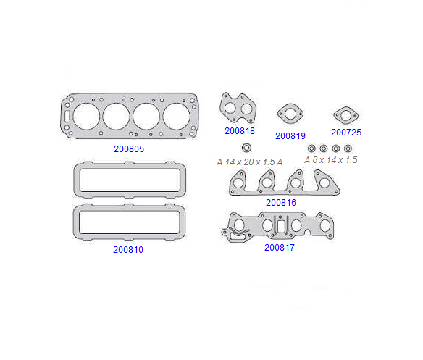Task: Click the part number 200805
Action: click(129, 148)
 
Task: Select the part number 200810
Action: click(128, 250)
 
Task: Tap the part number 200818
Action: click(240, 131)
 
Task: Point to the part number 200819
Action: click(290, 135)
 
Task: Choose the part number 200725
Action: click(346, 133)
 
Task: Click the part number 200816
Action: click(281, 202)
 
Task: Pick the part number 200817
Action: click(280, 248)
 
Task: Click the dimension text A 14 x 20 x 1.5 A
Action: click(250, 162)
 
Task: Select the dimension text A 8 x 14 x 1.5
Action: click(331, 160)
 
